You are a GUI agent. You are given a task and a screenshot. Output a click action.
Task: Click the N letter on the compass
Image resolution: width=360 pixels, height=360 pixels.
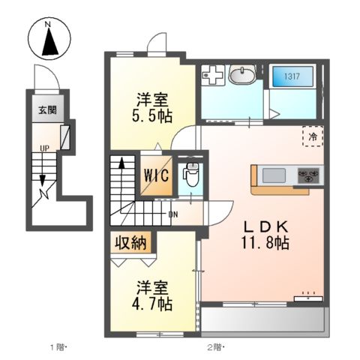point(47,25)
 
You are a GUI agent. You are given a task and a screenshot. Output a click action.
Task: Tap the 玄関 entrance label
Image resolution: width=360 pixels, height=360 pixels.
point(47,110)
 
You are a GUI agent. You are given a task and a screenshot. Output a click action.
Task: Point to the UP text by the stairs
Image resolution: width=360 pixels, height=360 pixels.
point(44,148)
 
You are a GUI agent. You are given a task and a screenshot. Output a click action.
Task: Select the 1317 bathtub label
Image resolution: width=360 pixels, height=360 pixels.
point(292,76)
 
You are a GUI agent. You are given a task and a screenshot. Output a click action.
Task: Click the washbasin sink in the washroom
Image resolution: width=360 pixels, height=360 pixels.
point(242,74)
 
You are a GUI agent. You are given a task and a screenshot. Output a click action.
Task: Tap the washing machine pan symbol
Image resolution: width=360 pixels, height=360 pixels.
point(212,75)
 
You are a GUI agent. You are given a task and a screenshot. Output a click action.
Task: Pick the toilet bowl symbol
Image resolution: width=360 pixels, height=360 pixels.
point(191,174)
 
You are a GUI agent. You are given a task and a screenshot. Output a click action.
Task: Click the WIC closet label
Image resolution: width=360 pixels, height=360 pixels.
point(156,175)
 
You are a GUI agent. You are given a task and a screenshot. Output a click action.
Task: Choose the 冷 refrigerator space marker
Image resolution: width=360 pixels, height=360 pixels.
point(313,136)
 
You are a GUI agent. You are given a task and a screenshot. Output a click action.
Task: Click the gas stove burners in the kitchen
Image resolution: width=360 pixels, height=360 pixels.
point(308,175)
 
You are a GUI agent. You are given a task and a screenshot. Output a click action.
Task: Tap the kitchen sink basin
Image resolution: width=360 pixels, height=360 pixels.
point(274,175)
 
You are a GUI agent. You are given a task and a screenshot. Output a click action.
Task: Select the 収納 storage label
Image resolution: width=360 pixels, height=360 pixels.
point(131,243)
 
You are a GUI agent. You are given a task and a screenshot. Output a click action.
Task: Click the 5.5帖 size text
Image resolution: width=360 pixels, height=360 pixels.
point(152,116)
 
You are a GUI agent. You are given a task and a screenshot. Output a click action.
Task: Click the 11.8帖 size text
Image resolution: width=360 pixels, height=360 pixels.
point(265,243)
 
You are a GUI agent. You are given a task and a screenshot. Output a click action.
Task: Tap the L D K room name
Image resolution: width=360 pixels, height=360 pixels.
point(266,227)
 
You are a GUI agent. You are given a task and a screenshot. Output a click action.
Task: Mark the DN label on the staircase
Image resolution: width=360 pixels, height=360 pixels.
point(173,214)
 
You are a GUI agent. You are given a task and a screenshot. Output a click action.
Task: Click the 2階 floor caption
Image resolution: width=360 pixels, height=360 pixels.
point(216,347)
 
